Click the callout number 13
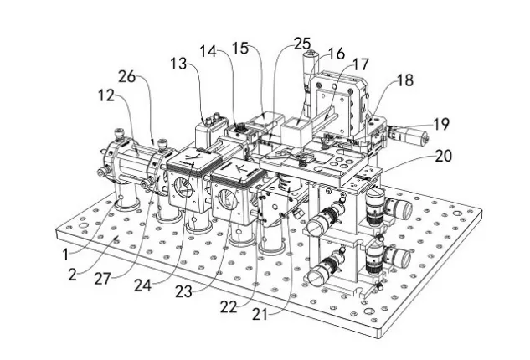(x=178, y=64)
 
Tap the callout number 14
(x=208, y=52)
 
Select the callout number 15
(x=240, y=49)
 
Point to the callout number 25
(x=302, y=44)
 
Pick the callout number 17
(x=360, y=64)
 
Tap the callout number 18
(x=405, y=80)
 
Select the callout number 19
(x=441, y=124)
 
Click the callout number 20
(x=443, y=156)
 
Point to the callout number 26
(x=126, y=77)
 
